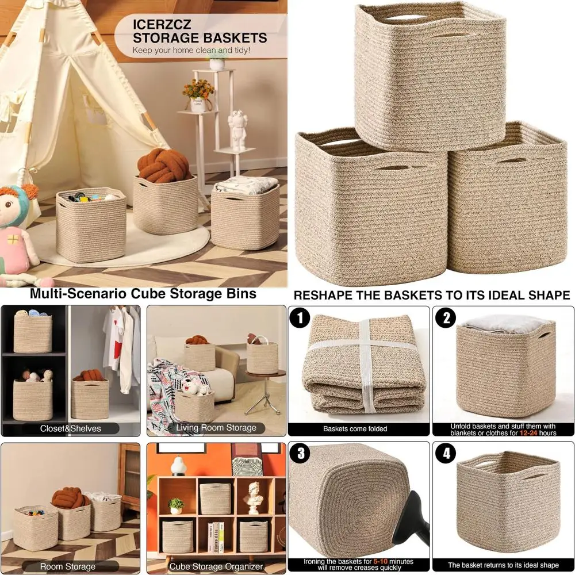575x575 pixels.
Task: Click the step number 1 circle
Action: point(300,317)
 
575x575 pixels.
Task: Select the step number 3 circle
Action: point(300,454)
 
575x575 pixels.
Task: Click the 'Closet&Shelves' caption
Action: point(70,428)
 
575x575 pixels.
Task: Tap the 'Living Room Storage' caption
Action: point(216,428)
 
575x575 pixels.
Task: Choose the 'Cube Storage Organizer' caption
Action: point(216,566)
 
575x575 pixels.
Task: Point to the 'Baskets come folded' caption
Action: point(355,429)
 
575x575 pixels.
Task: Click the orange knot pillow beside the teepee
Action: point(164,165)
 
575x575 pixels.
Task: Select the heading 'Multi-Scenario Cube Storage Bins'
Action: point(143,294)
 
